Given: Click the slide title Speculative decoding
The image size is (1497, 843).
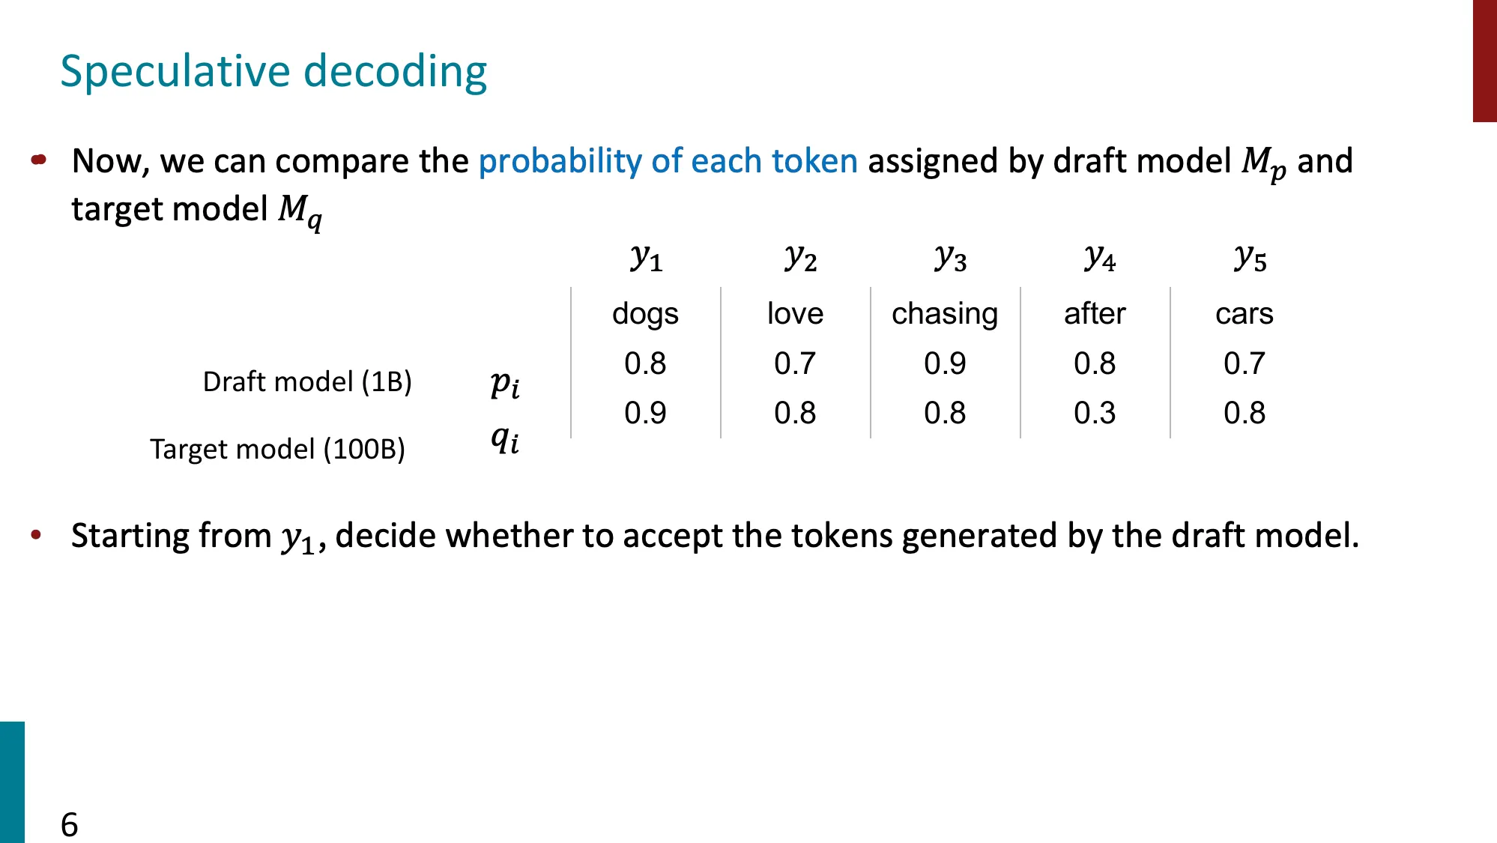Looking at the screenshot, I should (x=273, y=71).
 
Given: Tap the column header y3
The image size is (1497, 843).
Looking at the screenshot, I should (x=950, y=258).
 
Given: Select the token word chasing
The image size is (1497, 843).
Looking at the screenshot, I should (x=945, y=313).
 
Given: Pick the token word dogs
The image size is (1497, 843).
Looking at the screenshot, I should (x=645, y=313).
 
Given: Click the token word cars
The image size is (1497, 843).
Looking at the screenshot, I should (x=1244, y=313).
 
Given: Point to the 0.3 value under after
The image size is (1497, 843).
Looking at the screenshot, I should (x=1095, y=413).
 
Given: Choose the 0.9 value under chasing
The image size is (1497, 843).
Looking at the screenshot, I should (x=945, y=363).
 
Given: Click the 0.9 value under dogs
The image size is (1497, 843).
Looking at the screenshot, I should (x=645, y=413).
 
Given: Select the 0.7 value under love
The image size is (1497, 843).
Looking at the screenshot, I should (x=795, y=363).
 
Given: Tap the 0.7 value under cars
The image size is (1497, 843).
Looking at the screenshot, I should (x=1244, y=363).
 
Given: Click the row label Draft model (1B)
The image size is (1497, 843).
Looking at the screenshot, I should (x=307, y=381).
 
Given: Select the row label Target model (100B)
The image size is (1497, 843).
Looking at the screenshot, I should (x=277, y=449).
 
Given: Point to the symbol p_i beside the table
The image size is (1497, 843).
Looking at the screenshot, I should (x=505, y=384).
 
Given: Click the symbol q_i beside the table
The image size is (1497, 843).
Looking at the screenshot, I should (x=505, y=439).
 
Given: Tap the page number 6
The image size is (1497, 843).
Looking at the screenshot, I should (x=69, y=824).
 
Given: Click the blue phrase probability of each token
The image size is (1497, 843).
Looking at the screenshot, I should (x=668, y=161).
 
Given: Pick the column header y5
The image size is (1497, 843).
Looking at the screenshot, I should (x=1250, y=258).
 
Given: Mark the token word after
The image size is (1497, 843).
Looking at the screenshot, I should (x=1095, y=313).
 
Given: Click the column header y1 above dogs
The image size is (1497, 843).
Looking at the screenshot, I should (x=646, y=258).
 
